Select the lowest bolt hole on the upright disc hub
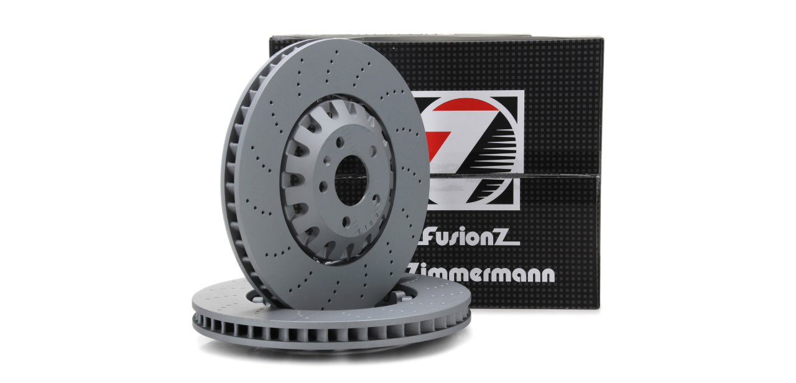point(345,223)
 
